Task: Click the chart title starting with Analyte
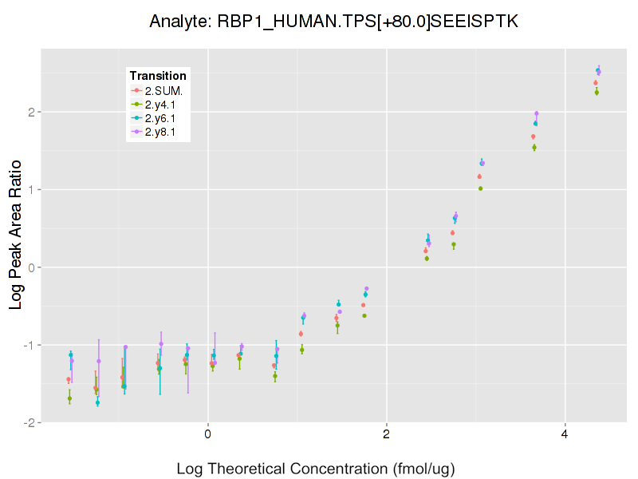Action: coord(334,22)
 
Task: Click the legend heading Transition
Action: coord(158,76)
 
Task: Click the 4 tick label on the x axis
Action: coord(565,435)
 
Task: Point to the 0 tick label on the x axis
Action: coord(207,435)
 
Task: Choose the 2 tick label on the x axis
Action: coord(386,435)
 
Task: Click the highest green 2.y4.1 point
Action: coord(597,93)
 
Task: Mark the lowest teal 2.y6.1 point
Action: coord(97,402)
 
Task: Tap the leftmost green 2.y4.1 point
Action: coord(69,398)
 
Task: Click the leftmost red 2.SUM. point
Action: coord(68,380)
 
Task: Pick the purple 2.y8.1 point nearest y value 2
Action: coord(537,113)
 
